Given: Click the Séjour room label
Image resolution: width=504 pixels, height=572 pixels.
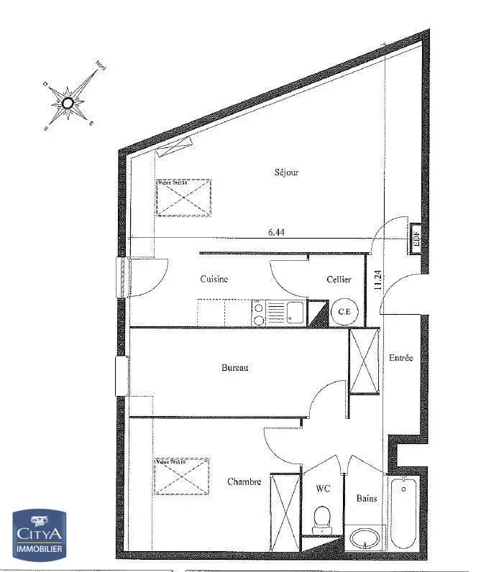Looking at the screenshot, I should click(x=286, y=172).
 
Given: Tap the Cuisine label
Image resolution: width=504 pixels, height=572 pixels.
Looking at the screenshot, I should click(x=214, y=280).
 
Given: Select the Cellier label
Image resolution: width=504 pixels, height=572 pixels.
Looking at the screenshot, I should click(x=339, y=280).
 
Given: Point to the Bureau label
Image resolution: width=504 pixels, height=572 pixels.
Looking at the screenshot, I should click(x=234, y=368).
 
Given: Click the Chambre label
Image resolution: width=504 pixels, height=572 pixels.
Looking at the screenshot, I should click(x=244, y=481).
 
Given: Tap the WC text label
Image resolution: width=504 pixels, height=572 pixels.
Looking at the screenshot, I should click(x=323, y=489).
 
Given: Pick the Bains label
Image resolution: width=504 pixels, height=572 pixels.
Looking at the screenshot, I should click(x=367, y=498).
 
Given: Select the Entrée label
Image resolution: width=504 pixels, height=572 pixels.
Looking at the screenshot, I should click(x=400, y=358).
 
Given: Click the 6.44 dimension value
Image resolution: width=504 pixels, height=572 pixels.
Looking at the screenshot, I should click(x=277, y=232).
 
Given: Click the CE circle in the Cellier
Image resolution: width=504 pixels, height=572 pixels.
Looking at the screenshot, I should click(x=344, y=312).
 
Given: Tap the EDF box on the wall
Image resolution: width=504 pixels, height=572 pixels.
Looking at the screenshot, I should click(x=416, y=236).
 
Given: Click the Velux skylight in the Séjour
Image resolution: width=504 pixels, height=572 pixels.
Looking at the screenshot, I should click(x=183, y=197).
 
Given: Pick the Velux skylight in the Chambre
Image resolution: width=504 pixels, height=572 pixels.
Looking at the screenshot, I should click(x=180, y=476).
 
